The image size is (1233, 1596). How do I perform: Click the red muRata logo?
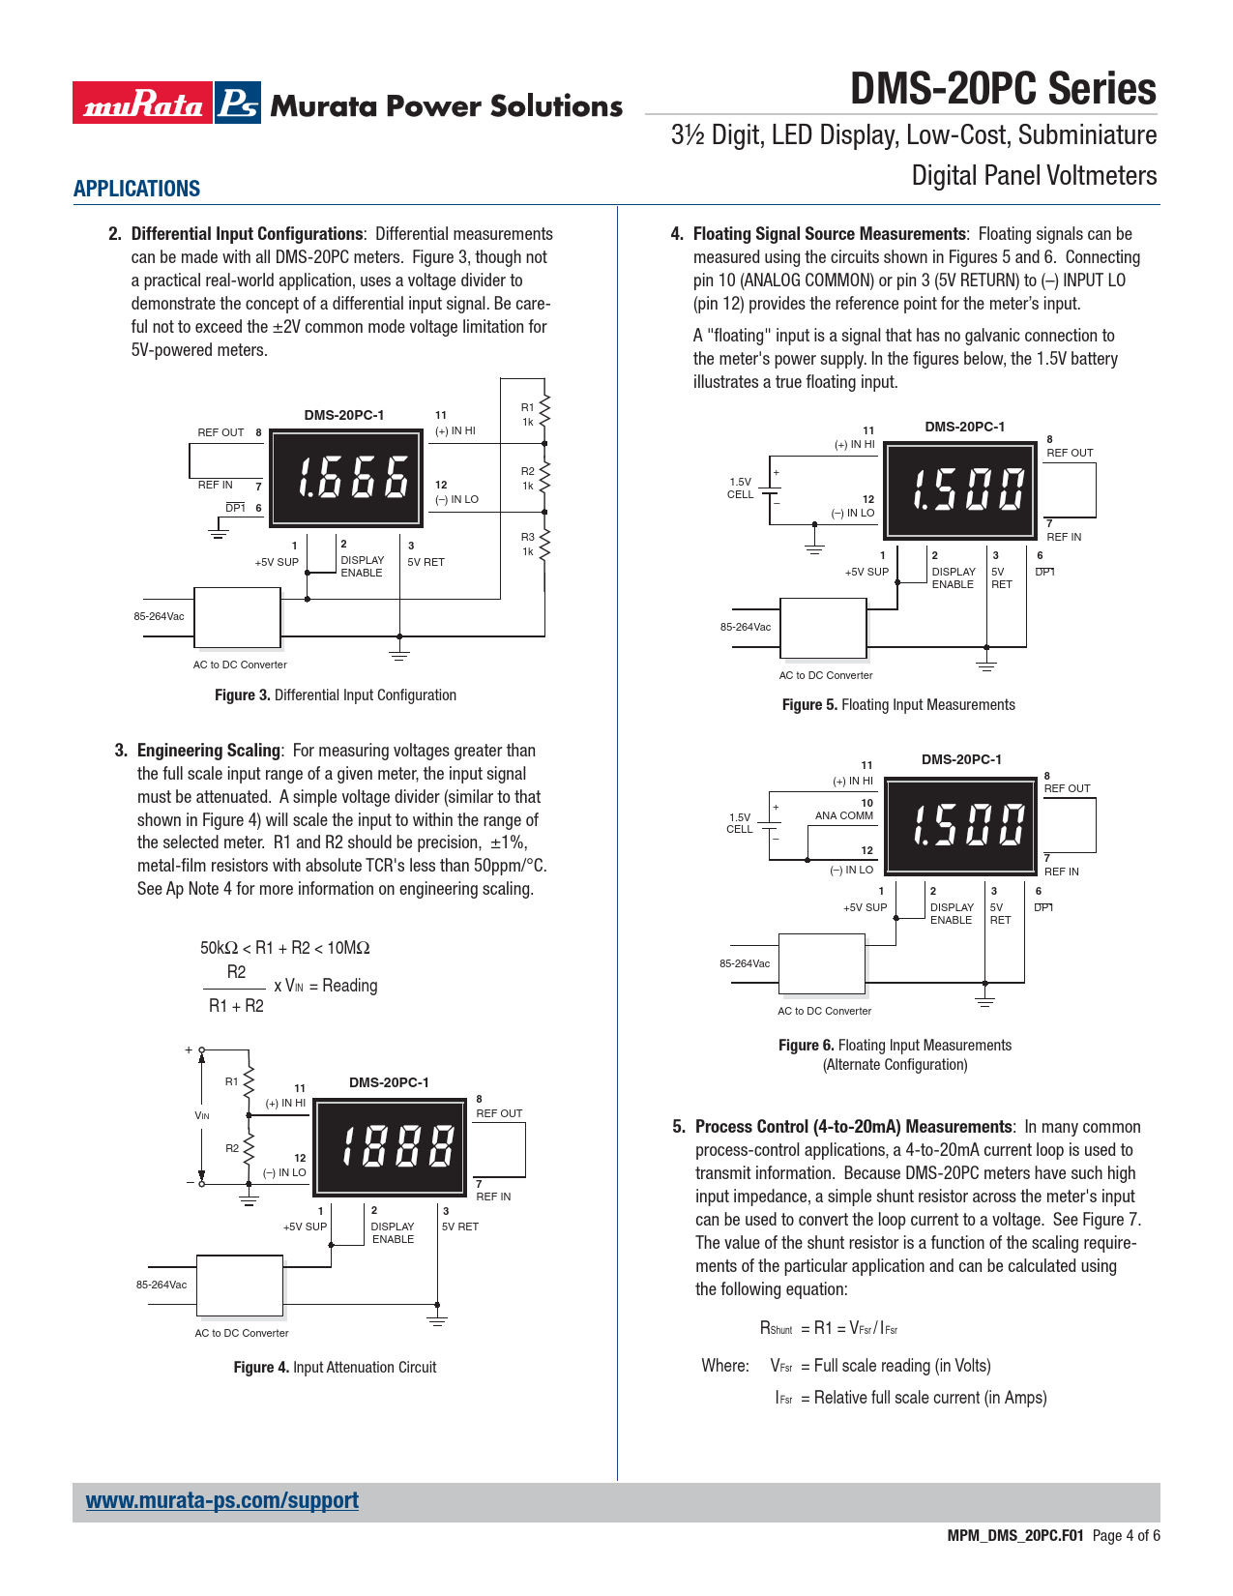[x=141, y=103]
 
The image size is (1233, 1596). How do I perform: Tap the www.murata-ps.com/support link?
[x=221, y=1500]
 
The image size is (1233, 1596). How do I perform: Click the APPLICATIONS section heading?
[x=136, y=189]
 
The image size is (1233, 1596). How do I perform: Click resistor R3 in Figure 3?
[x=543, y=545]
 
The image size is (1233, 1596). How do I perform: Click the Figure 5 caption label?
[x=897, y=705]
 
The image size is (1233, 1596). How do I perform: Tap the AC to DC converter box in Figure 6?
[x=821, y=963]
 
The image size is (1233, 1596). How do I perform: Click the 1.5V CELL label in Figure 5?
[x=740, y=488]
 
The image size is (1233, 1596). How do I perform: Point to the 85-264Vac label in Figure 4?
[x=161, y=1285]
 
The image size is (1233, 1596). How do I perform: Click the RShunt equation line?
[x=829, y=1328]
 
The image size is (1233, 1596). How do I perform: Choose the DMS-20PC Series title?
[x=1003, y=89]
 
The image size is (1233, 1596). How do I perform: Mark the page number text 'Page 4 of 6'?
[x=1126, y=1536]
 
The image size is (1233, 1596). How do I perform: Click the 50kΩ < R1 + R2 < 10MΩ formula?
[x=284, y=948]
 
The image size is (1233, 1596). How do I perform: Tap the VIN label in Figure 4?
[x=202, y=1115]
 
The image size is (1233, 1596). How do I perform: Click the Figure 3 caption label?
[x=335, y=695]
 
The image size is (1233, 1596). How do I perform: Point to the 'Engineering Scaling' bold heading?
[x=208, y=751]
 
